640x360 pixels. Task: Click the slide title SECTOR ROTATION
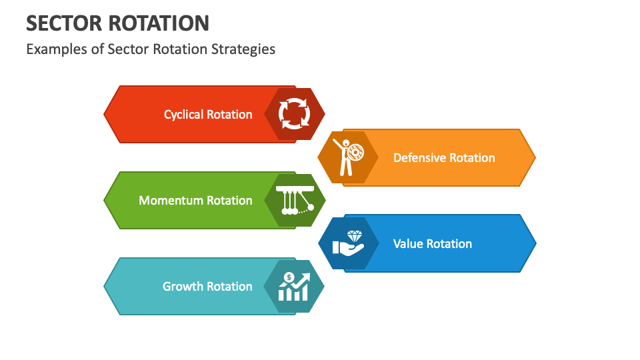(117, 23)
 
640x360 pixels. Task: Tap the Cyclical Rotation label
(208, 115)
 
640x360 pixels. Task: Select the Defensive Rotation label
(444, 158)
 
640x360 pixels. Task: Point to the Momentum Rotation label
(195, 201)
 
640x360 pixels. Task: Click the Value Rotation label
(433, 244)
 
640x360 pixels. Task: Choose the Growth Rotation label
(207, 287)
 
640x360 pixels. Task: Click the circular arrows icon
(294, 114)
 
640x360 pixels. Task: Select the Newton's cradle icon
(295, 200)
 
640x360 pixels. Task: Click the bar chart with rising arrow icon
(294, 287)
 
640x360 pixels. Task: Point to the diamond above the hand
(354, 237)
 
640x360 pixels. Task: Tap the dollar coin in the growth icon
(289, 277)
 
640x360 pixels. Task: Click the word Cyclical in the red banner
(184, 115)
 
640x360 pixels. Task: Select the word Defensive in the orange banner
(419, 158)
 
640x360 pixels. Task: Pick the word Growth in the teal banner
(183, 287)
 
